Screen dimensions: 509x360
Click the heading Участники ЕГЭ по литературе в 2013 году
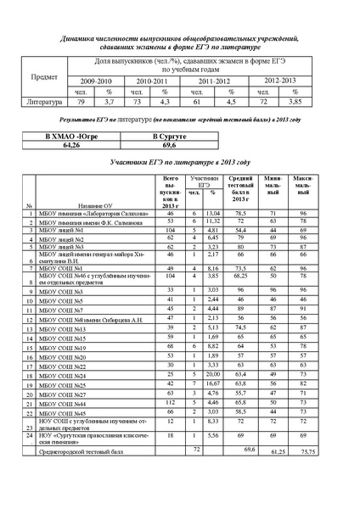[x=181, y=160]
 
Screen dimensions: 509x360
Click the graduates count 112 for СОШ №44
[x=170, y=403]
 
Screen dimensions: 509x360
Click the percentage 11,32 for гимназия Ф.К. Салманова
[x=214, y=221]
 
